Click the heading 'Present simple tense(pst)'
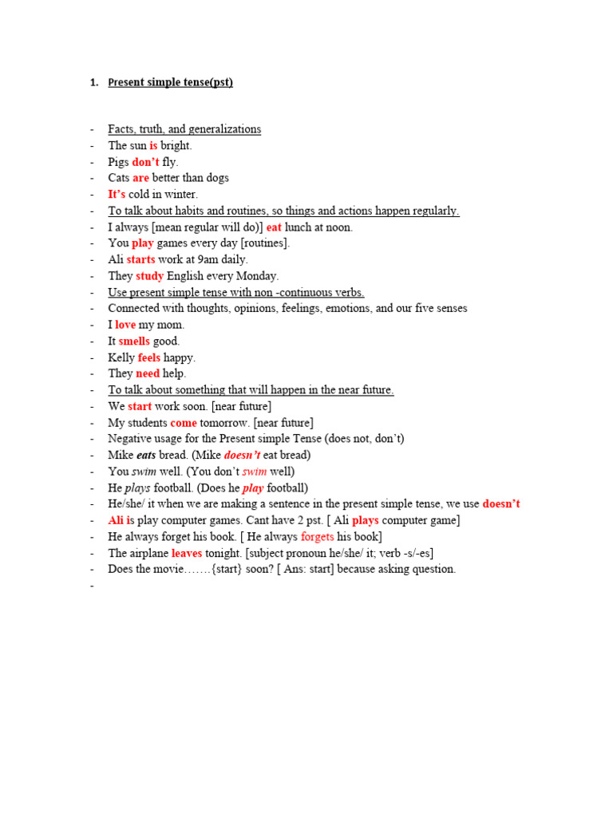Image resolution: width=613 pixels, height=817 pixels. point(170,82)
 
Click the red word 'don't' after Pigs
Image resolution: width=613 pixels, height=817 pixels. point(145,162)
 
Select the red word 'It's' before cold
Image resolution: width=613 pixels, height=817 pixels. point(117,195)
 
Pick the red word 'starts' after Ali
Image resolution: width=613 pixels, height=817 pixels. point(140,259)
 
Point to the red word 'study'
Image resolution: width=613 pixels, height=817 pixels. point(149,276)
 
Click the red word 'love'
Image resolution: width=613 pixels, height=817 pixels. point(125,325)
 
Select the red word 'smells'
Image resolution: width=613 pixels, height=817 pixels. point(134,341)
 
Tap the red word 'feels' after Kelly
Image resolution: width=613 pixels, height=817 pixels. point(148,357)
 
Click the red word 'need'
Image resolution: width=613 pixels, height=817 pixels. point(148,373)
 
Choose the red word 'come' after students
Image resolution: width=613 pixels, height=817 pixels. point(183,423)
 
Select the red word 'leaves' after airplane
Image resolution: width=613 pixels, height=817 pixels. point(187,553)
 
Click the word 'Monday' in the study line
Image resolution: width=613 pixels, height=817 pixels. point(257,276)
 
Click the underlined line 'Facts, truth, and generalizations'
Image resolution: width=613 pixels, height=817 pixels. point(184,129)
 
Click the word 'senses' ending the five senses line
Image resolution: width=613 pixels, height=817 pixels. point(450,309)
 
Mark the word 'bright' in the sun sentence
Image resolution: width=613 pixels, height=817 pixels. point(176,146)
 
